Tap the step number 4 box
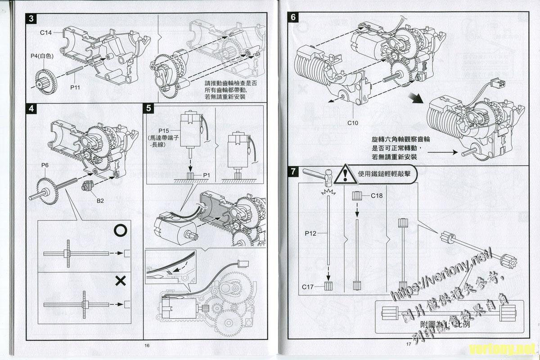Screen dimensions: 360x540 31,108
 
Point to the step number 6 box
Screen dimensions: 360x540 293,18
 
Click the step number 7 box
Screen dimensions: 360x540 293,171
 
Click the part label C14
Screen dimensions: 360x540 46,32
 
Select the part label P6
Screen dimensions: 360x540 45,166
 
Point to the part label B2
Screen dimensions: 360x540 100,201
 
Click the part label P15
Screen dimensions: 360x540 164,130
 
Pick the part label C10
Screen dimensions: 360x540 352,122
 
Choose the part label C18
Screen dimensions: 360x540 377,196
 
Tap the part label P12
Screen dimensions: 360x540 310,233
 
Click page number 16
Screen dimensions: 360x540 147,345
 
